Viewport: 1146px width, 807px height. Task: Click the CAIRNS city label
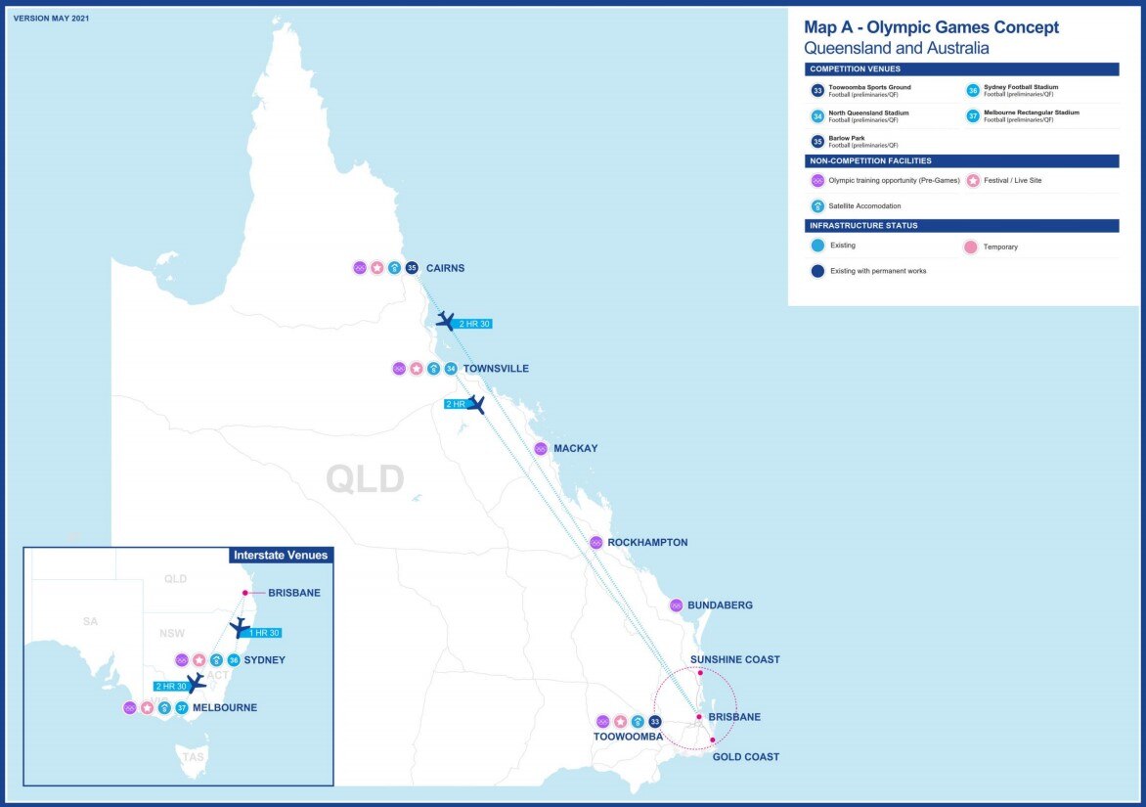[445, 268]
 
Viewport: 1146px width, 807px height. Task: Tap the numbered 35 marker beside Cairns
[412, 268]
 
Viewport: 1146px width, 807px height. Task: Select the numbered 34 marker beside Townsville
[450, 369]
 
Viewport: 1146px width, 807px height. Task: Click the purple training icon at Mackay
[541, 449]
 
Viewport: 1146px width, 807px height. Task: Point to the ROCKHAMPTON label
[647, 543]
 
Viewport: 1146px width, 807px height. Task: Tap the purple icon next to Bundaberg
[676, 605]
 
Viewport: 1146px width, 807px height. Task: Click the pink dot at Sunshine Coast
[700, 673]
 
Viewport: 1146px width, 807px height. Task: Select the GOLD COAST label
[746, 757]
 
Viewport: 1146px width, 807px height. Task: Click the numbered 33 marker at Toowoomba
[655, 722]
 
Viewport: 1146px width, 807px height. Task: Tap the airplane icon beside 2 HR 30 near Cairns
[446, 321]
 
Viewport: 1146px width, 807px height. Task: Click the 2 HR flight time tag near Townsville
[455, 404]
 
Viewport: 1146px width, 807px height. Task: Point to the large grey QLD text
[365, 479]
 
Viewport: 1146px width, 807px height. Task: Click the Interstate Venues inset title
[281, 556]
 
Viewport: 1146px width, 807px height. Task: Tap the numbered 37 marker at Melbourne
[181, 707]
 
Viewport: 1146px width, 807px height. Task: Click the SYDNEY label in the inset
[264, 660]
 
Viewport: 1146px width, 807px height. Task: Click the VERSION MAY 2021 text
[52, 18]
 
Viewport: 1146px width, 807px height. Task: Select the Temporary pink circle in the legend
[970, 247]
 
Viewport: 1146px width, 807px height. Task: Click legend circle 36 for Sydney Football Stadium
[972, 90]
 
